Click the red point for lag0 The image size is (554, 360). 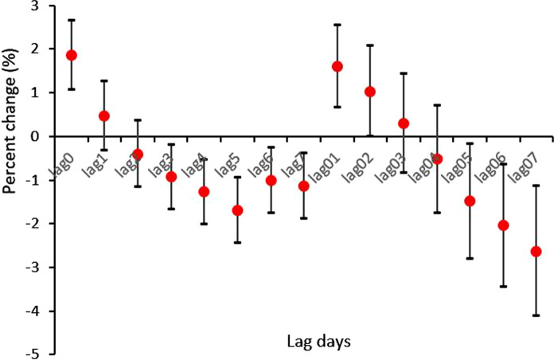click(71, 55)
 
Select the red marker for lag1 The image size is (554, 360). click(104, 115)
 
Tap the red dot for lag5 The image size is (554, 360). click(237, 210)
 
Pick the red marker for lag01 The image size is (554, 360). click(337, 66)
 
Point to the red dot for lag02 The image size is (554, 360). click(370, 92)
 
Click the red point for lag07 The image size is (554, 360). click(536, 251)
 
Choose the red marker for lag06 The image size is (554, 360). click(503, 225)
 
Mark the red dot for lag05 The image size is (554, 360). click(470, 201)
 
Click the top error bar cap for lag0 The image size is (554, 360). click(71, 20)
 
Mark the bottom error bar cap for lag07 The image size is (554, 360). click(536, 315)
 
